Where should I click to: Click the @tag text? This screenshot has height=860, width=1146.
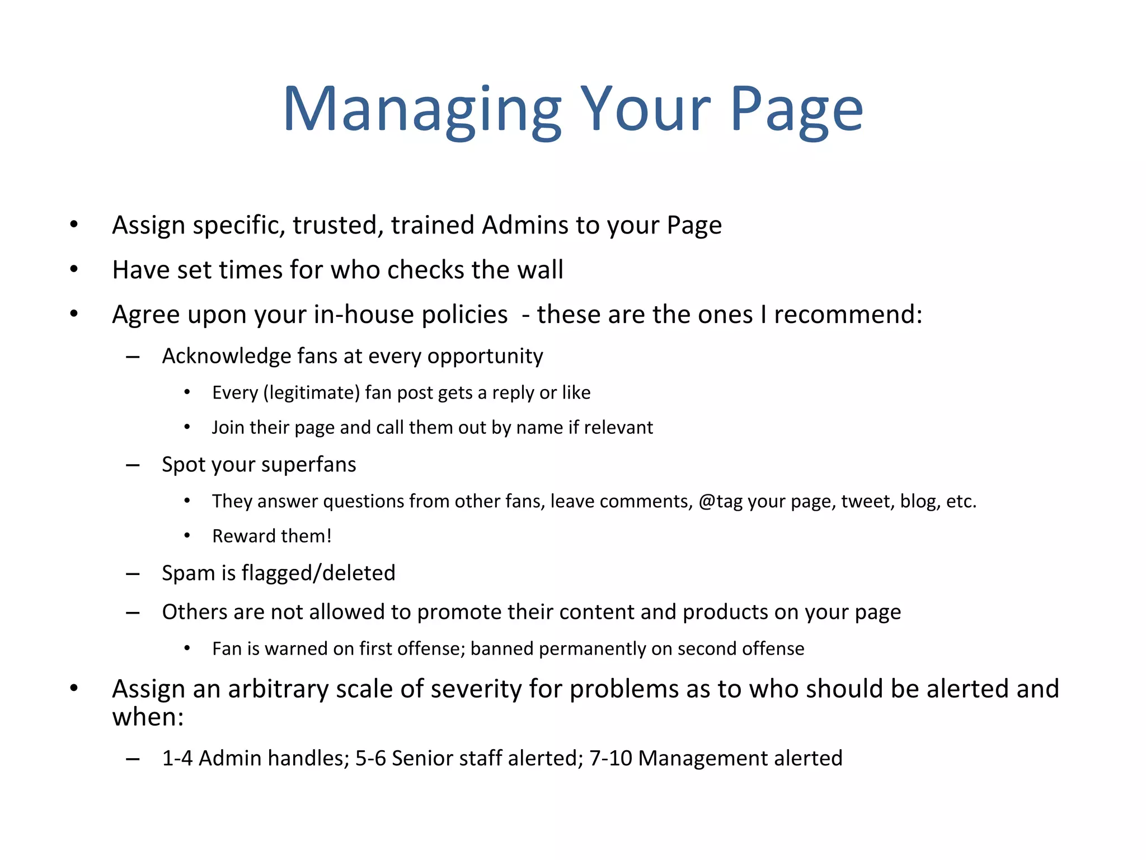(x=721, y=501)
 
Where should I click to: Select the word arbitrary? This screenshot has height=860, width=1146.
(x=278, y=689)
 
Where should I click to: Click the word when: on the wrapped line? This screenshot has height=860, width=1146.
(x=148, y=717)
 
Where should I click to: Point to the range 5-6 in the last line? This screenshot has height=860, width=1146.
(x=370, y=758)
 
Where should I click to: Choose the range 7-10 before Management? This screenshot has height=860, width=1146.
(x=610, y=758)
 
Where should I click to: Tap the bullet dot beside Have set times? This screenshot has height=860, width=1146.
(x=74, y=270)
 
